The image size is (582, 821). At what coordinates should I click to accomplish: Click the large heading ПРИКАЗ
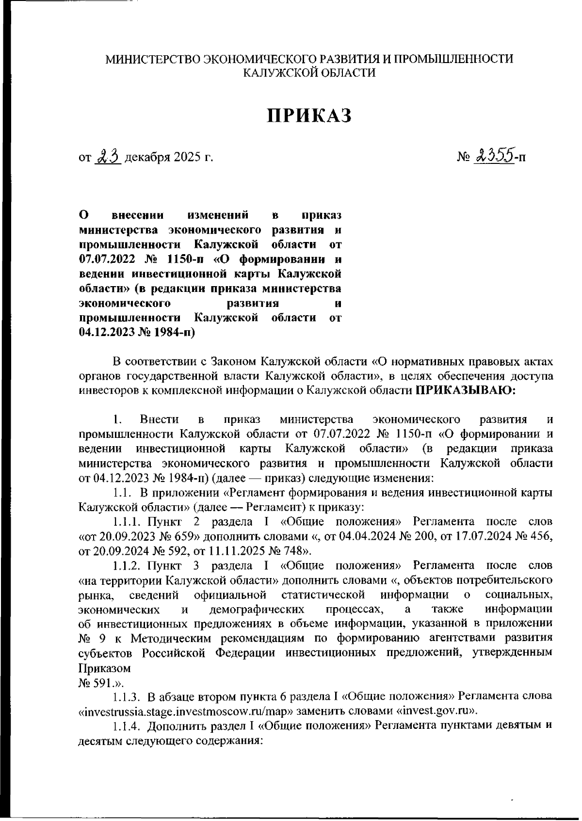click(309, 116)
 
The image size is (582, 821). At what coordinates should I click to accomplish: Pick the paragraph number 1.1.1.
click(128, 522)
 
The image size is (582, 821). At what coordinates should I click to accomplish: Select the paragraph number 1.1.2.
click(128, 565)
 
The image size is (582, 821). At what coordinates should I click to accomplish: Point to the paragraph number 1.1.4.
click(128, 726)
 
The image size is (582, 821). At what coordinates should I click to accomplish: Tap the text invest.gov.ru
click(433, 711)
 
